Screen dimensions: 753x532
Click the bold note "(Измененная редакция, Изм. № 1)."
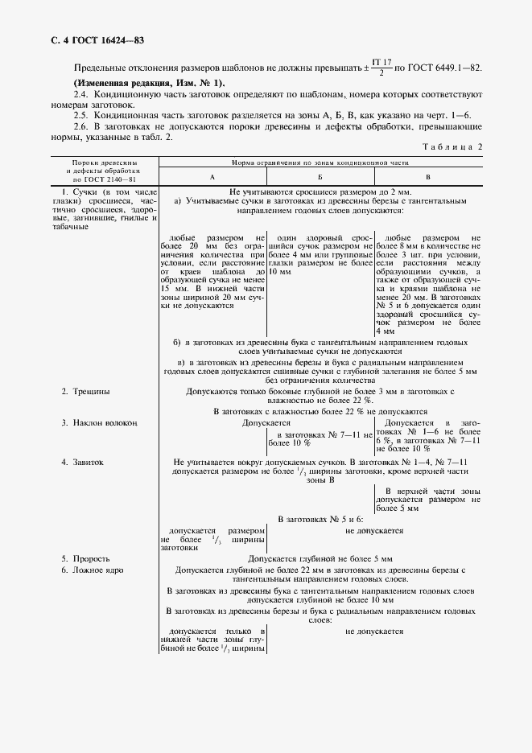(x=150, y=84)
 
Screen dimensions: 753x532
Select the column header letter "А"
(x=212, y=175)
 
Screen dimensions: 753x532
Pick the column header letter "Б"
(x=320, y=175)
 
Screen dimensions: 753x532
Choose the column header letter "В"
(x=427, y=175)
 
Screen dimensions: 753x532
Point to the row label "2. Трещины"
(x=86, y=392)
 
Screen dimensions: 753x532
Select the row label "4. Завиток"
(x=83, y=463)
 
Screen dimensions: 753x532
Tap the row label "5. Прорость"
(x=86, y=558)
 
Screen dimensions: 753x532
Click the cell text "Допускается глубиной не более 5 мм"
(x=320, y=558)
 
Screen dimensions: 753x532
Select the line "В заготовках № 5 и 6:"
(x=320, y=520)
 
